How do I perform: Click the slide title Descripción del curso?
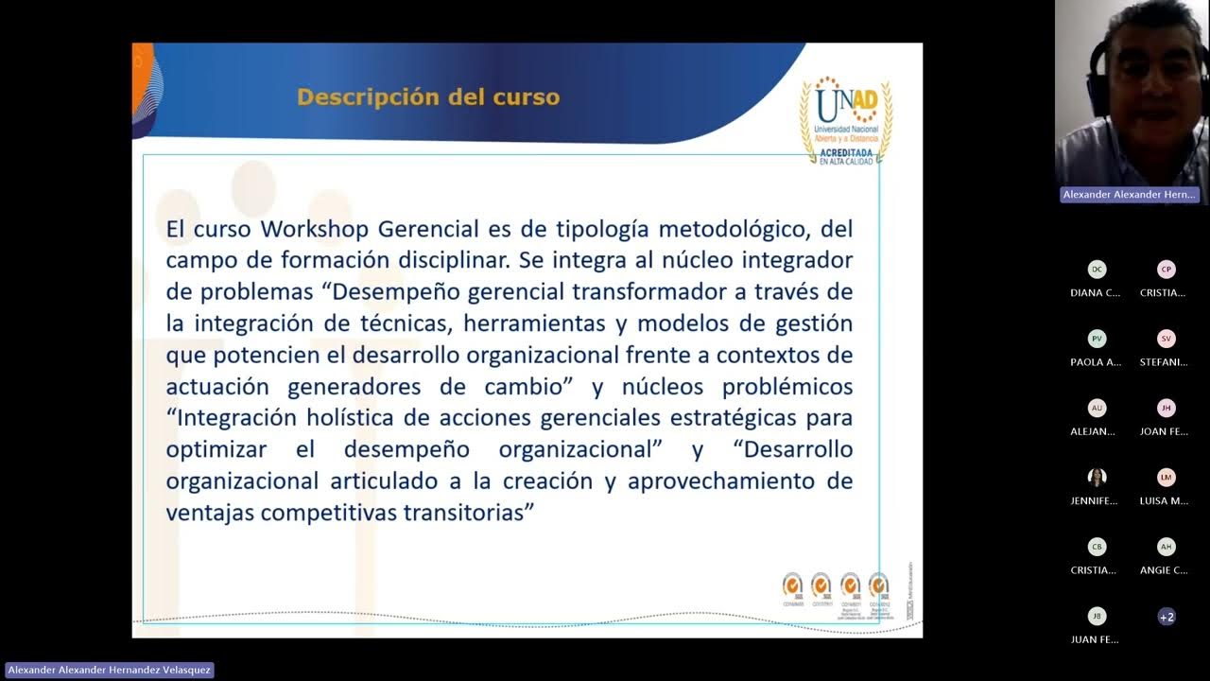(428, 97)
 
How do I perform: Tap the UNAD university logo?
(846, 119)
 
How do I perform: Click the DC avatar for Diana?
(1097, 270)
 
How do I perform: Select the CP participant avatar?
(1167, 270)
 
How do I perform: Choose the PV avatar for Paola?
(1097, 339)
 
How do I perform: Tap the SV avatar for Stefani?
(1167, 339)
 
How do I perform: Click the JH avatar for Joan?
(1167, 409)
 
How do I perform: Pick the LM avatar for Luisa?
(1167, 478)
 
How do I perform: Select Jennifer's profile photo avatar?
(1097, 478)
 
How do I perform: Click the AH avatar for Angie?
(1167, 547)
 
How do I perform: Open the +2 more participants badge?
(1167, 617)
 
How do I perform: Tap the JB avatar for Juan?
(1097, 617)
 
